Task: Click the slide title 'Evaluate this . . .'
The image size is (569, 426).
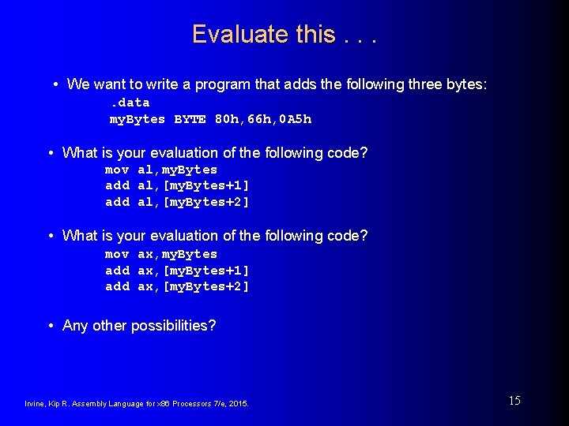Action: pyautogui.click(x=284, y=35)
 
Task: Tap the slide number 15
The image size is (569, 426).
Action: pyautogui.click(x=514, y=401)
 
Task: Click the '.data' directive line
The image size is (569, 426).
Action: pyautogui.click(x=130, y=103)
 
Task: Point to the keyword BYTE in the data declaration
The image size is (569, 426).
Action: pyautogui.click(x=190, y=119)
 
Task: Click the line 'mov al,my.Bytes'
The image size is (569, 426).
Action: pyautogui.click(x=161, y=170)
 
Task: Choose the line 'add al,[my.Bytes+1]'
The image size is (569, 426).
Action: pyautogui.click(x=177, y=185)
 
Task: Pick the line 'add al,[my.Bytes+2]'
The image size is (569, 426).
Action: pyautogui.click(x=177, y=202)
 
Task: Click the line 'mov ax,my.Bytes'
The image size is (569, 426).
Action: pyautogui.click(x=161, y=254)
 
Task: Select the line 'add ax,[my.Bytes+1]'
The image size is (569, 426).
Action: pyautogui.click(x=177, y=271)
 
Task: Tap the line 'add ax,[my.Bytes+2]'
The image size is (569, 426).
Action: pyautogui.click(x=177, y=286)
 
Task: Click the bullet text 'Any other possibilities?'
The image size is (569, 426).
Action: pyautogui.click(x=139, y=326)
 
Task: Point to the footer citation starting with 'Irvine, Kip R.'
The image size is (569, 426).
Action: pyautogui.click(x=137, y=404)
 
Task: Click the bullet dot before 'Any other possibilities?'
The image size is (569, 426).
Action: pyautogui.click(x=51, y=326)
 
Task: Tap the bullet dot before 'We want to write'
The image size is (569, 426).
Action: pyautogui.click(x=57, y=84)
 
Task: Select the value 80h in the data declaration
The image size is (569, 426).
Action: pyautogui.click(x=226, y=119)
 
